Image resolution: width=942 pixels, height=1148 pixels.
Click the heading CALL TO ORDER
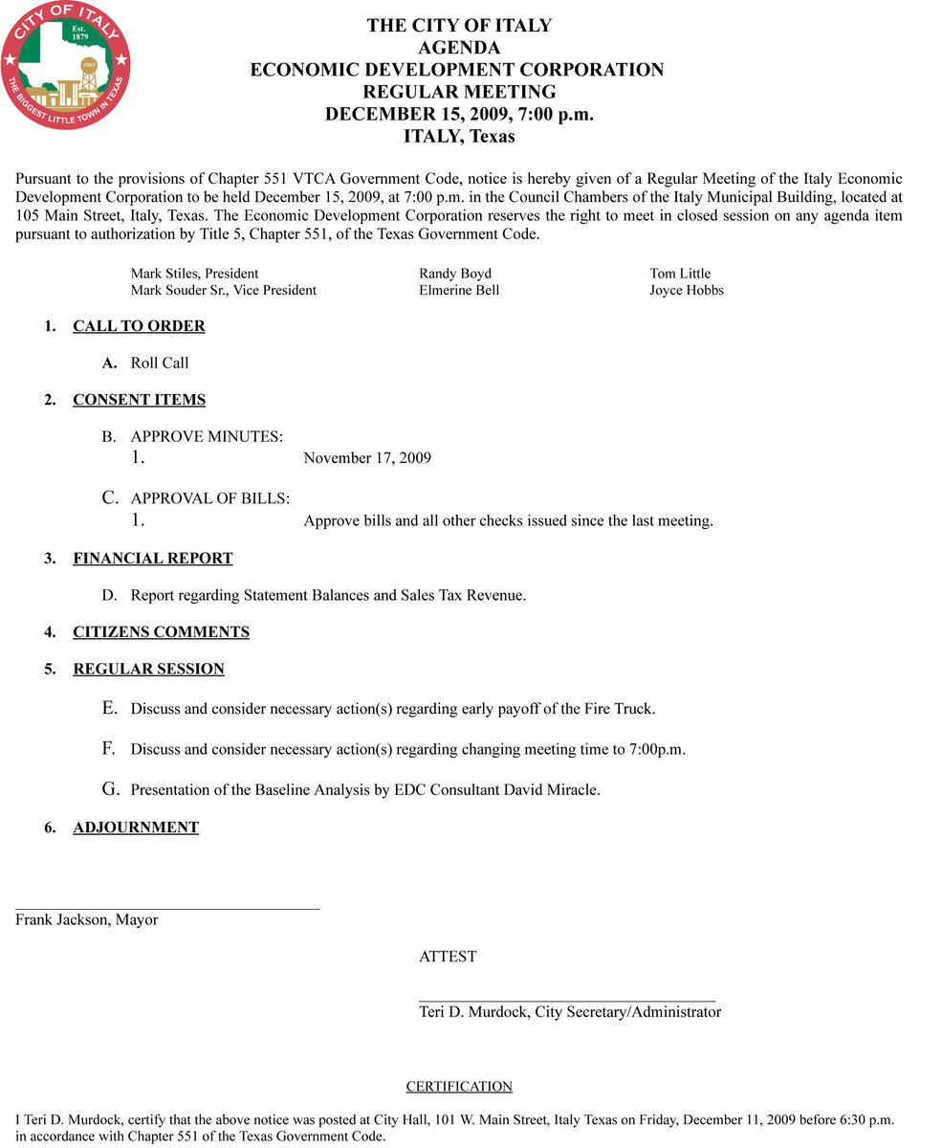(139, 326)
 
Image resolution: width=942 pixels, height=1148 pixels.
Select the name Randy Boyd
(455, 274)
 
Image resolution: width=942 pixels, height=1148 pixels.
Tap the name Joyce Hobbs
(687, 290)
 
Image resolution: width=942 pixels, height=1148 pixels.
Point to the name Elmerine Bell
(459, 290)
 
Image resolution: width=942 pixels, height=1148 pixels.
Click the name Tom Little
(680, 274)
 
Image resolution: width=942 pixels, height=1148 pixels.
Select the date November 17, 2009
(367, 458)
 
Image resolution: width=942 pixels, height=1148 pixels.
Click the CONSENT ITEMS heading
(139, 400)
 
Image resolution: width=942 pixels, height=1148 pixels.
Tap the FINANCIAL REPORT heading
(153, 559)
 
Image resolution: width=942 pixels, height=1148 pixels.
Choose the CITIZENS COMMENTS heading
(161, 632)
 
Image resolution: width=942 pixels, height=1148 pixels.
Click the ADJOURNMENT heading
(136, 828)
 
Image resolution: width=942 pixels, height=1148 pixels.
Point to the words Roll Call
(160, 364)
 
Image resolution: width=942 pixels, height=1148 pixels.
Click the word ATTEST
(448, 957)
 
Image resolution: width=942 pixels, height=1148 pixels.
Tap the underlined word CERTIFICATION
(459, 1087)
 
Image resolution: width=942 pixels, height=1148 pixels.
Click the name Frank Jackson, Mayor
(86, 920)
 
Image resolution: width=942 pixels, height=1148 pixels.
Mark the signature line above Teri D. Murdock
(567, 1000)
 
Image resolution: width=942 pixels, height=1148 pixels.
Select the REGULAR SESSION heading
(148, 670)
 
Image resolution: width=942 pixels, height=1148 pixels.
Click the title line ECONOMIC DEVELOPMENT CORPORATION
(457, 70)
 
